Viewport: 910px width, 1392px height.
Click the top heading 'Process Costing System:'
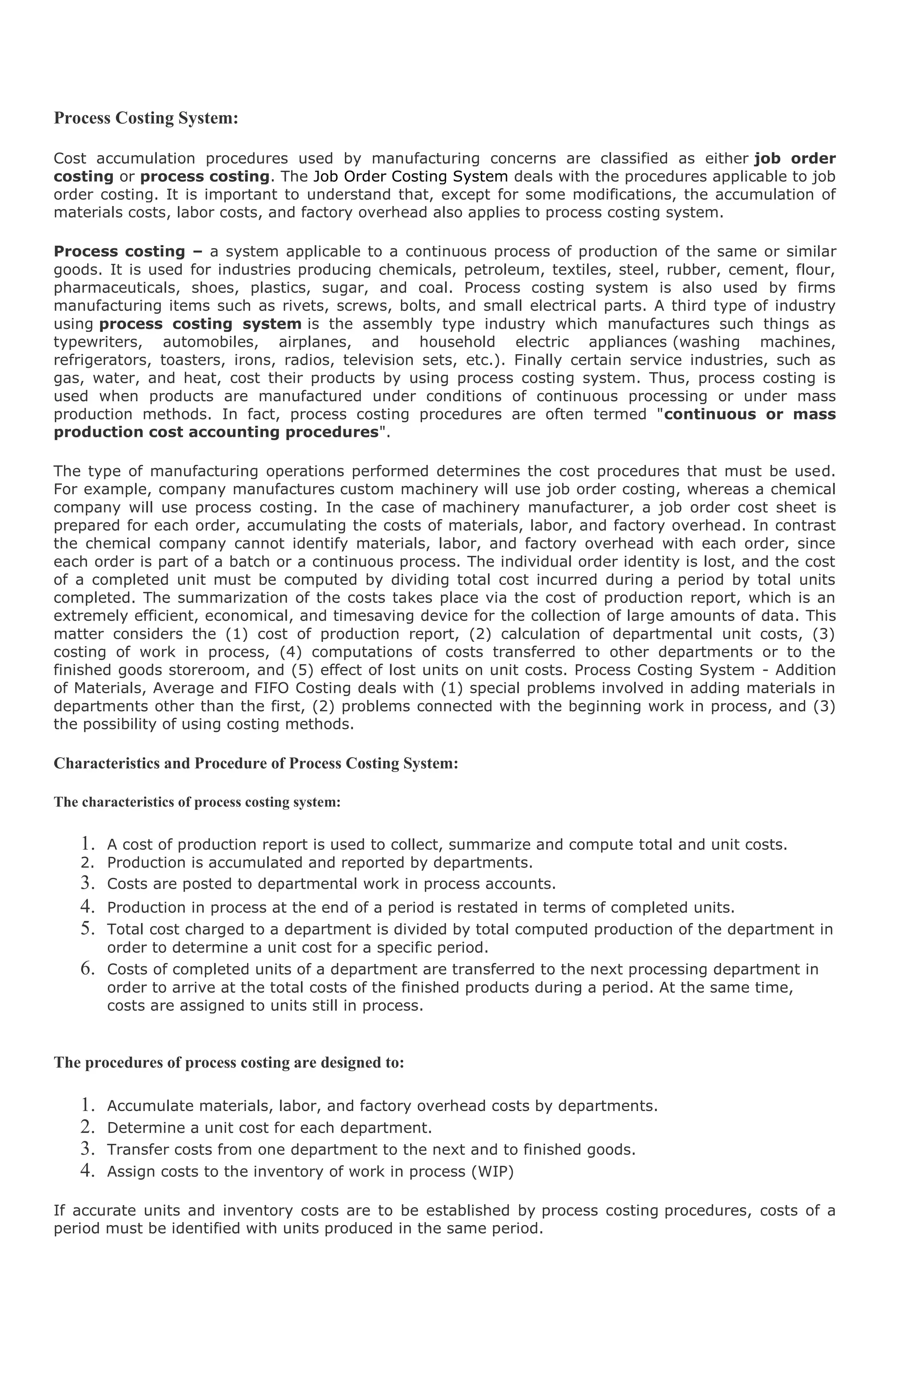146,118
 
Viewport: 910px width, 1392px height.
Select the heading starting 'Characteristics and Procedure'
256,764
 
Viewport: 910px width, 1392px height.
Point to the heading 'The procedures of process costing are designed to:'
229,1063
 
